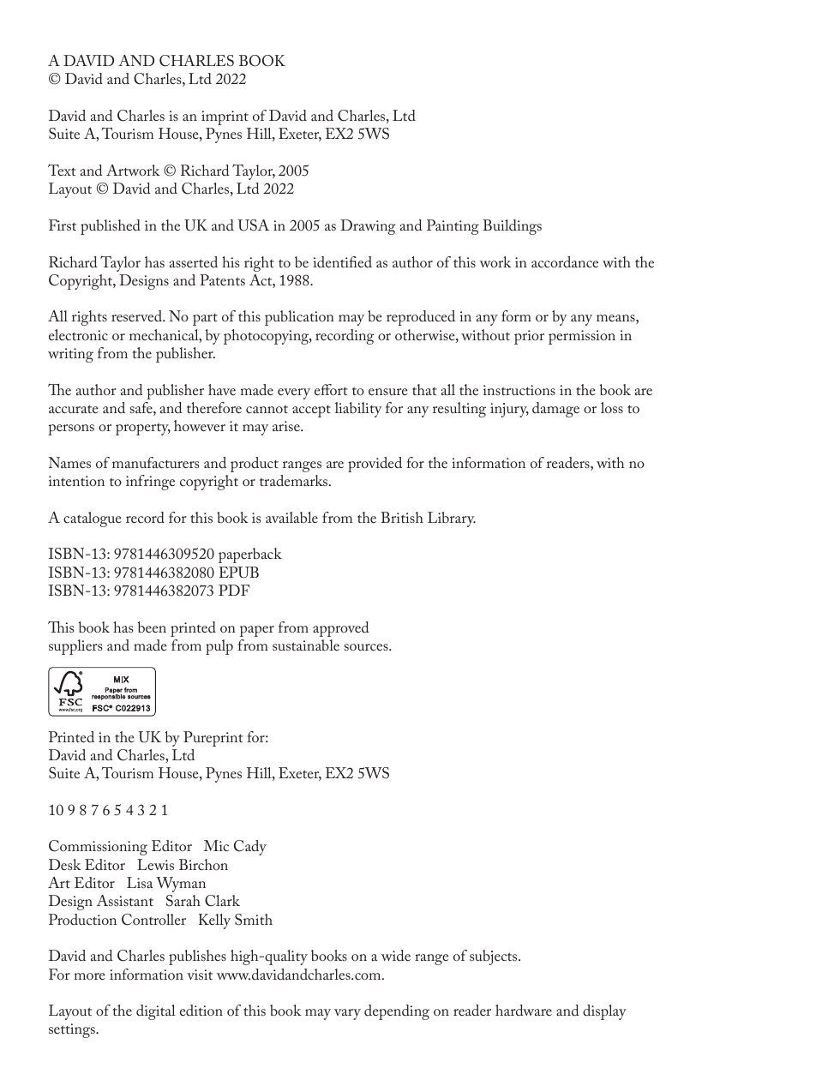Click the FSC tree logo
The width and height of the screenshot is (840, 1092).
pyautogui.click(x=69, y=687)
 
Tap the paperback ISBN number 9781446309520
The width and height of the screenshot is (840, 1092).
pyautogui.click(x=164, y=555)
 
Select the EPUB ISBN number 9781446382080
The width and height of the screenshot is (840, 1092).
pyautogui.click(x=164, y=573)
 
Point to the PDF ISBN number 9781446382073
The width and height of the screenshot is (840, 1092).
pyautogui.click(x=164, y=591)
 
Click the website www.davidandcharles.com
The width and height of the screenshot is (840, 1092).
pyautogui.click(x=299, y=975)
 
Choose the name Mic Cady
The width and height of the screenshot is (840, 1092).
pyautogui.click(x=235, y=847)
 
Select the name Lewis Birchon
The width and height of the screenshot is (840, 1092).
pyautogui.click(x=183, y=866)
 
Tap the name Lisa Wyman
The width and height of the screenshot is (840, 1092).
pyautogui.click(x=166, y=884)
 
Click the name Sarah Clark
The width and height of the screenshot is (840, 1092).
pyautogui.click(x=202, y=902)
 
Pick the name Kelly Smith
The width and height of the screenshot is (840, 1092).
pyautogui.click(x=235, y=921)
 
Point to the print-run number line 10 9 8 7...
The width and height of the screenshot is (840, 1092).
pyautogui.click(x=108, y=811)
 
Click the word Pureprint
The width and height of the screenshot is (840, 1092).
pyautogui.click(x=213, y=737)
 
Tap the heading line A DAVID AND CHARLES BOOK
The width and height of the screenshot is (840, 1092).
pyautogui.click(x=166, y=61)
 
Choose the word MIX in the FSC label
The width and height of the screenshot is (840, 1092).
pyautogui.click(x=121, y=679)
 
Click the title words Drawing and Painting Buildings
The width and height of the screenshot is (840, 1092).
pyautogui.click(x=441, y=226)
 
